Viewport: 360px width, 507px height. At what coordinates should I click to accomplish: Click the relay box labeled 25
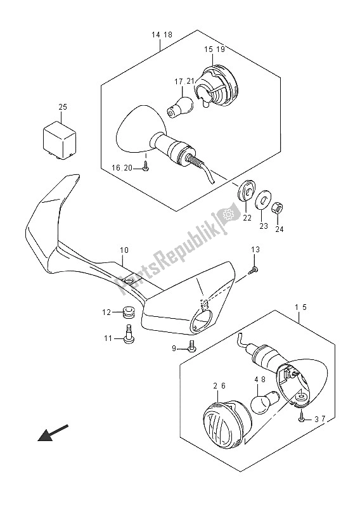click(x=60, y=140)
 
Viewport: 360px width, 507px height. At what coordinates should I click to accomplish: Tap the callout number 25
click(x=63, y=106)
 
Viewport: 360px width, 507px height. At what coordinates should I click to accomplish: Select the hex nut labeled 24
click(x=278, y=207)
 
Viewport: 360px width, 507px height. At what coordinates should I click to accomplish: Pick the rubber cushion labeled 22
click(x=247, y=192)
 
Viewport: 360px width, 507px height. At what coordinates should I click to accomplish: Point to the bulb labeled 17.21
click(x=180, y=106)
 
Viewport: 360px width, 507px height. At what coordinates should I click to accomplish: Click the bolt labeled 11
click(x=129, y=334)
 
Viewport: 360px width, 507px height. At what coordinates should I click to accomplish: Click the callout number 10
click(x=124, y=250)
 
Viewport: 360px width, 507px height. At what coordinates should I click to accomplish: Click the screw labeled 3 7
click(x=301, y=419)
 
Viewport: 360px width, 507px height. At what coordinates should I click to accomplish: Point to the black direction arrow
click(x=53, y=432)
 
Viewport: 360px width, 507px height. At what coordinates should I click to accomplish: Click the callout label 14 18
click(x=162, y=35)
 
